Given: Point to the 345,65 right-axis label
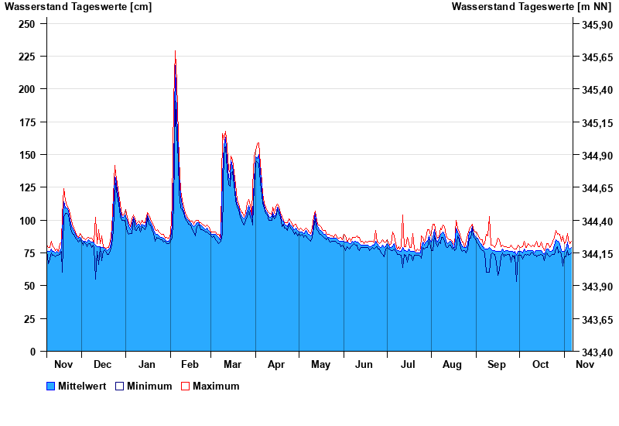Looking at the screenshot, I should click(592, 57).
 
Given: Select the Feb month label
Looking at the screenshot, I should click(190, 364).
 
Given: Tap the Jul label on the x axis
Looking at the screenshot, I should click(409, 364).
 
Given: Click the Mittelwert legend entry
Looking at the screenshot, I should click(81, 386).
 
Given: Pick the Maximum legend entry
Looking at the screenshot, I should click(216, 386).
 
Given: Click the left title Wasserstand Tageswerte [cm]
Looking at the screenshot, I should click(78, 7).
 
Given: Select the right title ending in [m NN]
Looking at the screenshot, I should click(533, 7).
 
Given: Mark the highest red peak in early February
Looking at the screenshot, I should click(175, 51).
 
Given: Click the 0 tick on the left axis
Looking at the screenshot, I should click(32, 351).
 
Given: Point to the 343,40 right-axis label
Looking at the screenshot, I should click(592, 352).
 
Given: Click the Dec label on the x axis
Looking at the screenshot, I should click(102, 364).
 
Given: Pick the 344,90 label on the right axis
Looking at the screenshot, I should click(592, 156).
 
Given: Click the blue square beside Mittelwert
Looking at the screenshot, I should click(51, 386).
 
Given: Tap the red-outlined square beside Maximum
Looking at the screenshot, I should click(185, 386).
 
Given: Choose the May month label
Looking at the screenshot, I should click(320, 364).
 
